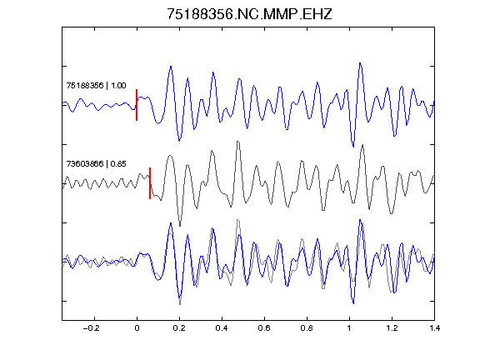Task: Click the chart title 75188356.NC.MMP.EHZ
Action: pos(249,14)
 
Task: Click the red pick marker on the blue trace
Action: pos(137,105)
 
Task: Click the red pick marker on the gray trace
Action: pos(150,183)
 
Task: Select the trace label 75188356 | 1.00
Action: pos(96,85)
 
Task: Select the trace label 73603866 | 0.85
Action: pos(96,164)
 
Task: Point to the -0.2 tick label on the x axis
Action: pos(92,328)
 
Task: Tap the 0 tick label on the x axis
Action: pos(137,328)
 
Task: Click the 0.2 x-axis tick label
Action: pos(179,328)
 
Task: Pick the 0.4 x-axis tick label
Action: pos(222,328)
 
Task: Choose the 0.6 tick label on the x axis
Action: pos(264,328)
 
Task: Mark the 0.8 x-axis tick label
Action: pos(307,328)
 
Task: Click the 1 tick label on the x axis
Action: pos(349,328)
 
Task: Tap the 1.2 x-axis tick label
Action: pos(392,328)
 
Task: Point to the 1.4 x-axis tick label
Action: pos(434,328)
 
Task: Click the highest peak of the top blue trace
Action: pos(360,63)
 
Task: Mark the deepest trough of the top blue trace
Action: pos(353,147)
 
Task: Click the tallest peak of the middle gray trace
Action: pos(237,142)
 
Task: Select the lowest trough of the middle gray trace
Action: pos(180,226)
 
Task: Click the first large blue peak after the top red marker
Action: pos(171,66)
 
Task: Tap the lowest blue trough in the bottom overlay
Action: pos(353,303)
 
